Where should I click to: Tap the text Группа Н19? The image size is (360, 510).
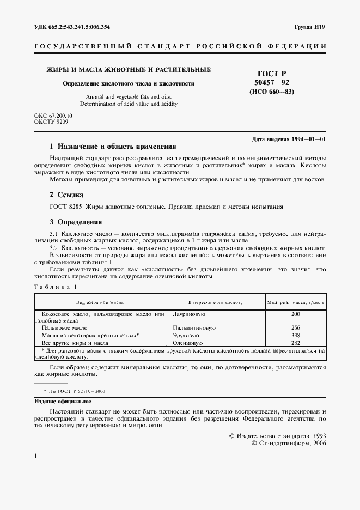point(310,27)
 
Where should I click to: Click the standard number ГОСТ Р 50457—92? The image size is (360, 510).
point(272,77)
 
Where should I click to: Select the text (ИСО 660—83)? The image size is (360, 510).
point(272,92)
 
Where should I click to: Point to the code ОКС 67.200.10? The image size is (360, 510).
point(53,116)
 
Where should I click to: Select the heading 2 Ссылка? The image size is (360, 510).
point(66,195)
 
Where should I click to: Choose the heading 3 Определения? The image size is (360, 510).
point(76,222)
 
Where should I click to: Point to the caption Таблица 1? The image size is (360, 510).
point(56,287)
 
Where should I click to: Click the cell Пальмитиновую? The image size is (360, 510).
point(194,329)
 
